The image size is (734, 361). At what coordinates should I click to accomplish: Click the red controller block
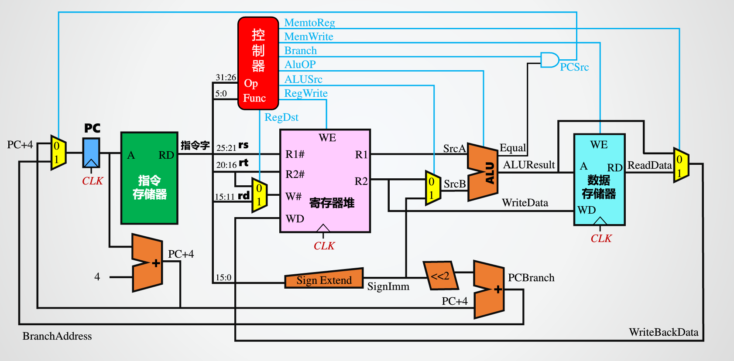coord(258,63)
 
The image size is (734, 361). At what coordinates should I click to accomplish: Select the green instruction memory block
coord(149,178)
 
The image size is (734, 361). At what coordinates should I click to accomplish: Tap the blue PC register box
coord(91,153)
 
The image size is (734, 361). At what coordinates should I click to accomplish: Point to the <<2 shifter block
coord(441,276)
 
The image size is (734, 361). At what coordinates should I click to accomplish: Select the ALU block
coord(483,172)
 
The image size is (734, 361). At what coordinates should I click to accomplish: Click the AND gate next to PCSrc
coord(549,60)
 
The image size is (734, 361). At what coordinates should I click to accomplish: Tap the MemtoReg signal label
coord(309,23)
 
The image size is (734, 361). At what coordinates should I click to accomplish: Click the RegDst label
coord(281,117)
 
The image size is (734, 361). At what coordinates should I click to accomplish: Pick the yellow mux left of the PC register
coord(58,153)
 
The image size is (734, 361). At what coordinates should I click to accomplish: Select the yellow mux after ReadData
coord(680,165)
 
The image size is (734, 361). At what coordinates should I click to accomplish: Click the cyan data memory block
coord(599,180)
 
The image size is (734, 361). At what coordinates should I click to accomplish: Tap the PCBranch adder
coord(489,289)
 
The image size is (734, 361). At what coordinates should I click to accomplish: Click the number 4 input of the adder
coord(97,277)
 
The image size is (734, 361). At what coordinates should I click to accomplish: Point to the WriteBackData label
coord(663,332)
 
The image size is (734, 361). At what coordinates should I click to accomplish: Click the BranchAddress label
coord(57,336)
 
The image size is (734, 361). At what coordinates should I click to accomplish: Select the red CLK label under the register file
coord(324,246)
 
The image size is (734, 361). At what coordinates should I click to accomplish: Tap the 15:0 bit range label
coord(223,278)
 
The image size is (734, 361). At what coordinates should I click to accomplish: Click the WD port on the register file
coord(295,218)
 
